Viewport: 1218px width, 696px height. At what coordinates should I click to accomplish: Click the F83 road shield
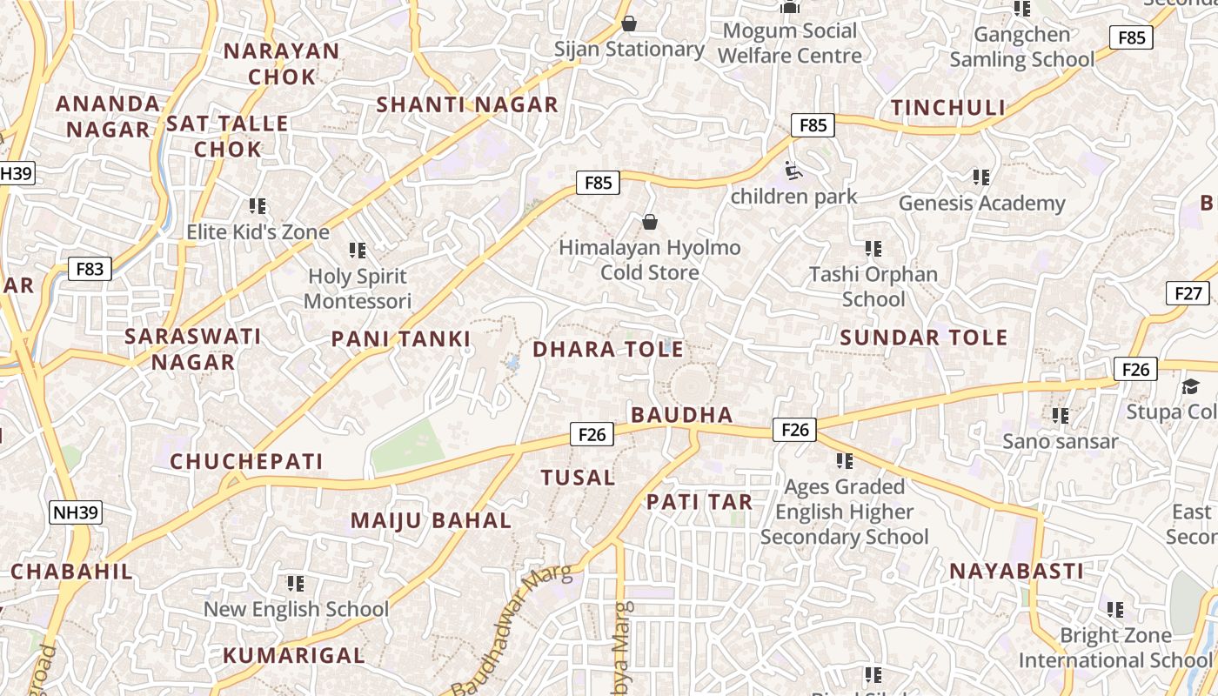point(90,269)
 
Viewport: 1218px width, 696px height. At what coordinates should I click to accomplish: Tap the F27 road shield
point(1188,293)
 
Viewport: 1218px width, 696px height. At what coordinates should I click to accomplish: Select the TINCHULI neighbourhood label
point(947,108)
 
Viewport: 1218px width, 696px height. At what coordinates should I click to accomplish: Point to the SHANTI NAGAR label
point(466,105)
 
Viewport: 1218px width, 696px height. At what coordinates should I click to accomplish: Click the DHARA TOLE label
point(607,350)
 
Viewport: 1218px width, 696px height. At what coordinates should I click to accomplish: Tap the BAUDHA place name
point(682,415)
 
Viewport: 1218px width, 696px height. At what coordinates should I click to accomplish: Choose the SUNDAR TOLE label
point(923,338)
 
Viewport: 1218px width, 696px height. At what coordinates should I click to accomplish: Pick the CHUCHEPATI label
point(246,461)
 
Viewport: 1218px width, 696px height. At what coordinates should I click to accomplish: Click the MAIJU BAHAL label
point(431,521)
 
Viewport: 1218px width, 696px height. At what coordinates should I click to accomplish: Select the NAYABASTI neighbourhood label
point(1016,572)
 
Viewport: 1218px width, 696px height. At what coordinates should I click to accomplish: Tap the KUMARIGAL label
point(293,655)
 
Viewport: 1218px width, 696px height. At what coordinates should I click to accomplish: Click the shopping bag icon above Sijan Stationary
point(628,23)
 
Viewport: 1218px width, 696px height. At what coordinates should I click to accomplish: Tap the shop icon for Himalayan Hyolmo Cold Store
point(649,223)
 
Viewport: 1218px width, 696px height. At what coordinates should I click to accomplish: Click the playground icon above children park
point(793,171)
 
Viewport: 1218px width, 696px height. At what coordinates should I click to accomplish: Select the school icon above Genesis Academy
point(981,177)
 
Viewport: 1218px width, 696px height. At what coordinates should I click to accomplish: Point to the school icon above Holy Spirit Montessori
point(357,251)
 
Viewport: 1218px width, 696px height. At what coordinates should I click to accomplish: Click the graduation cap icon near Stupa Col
point(1189,386)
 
